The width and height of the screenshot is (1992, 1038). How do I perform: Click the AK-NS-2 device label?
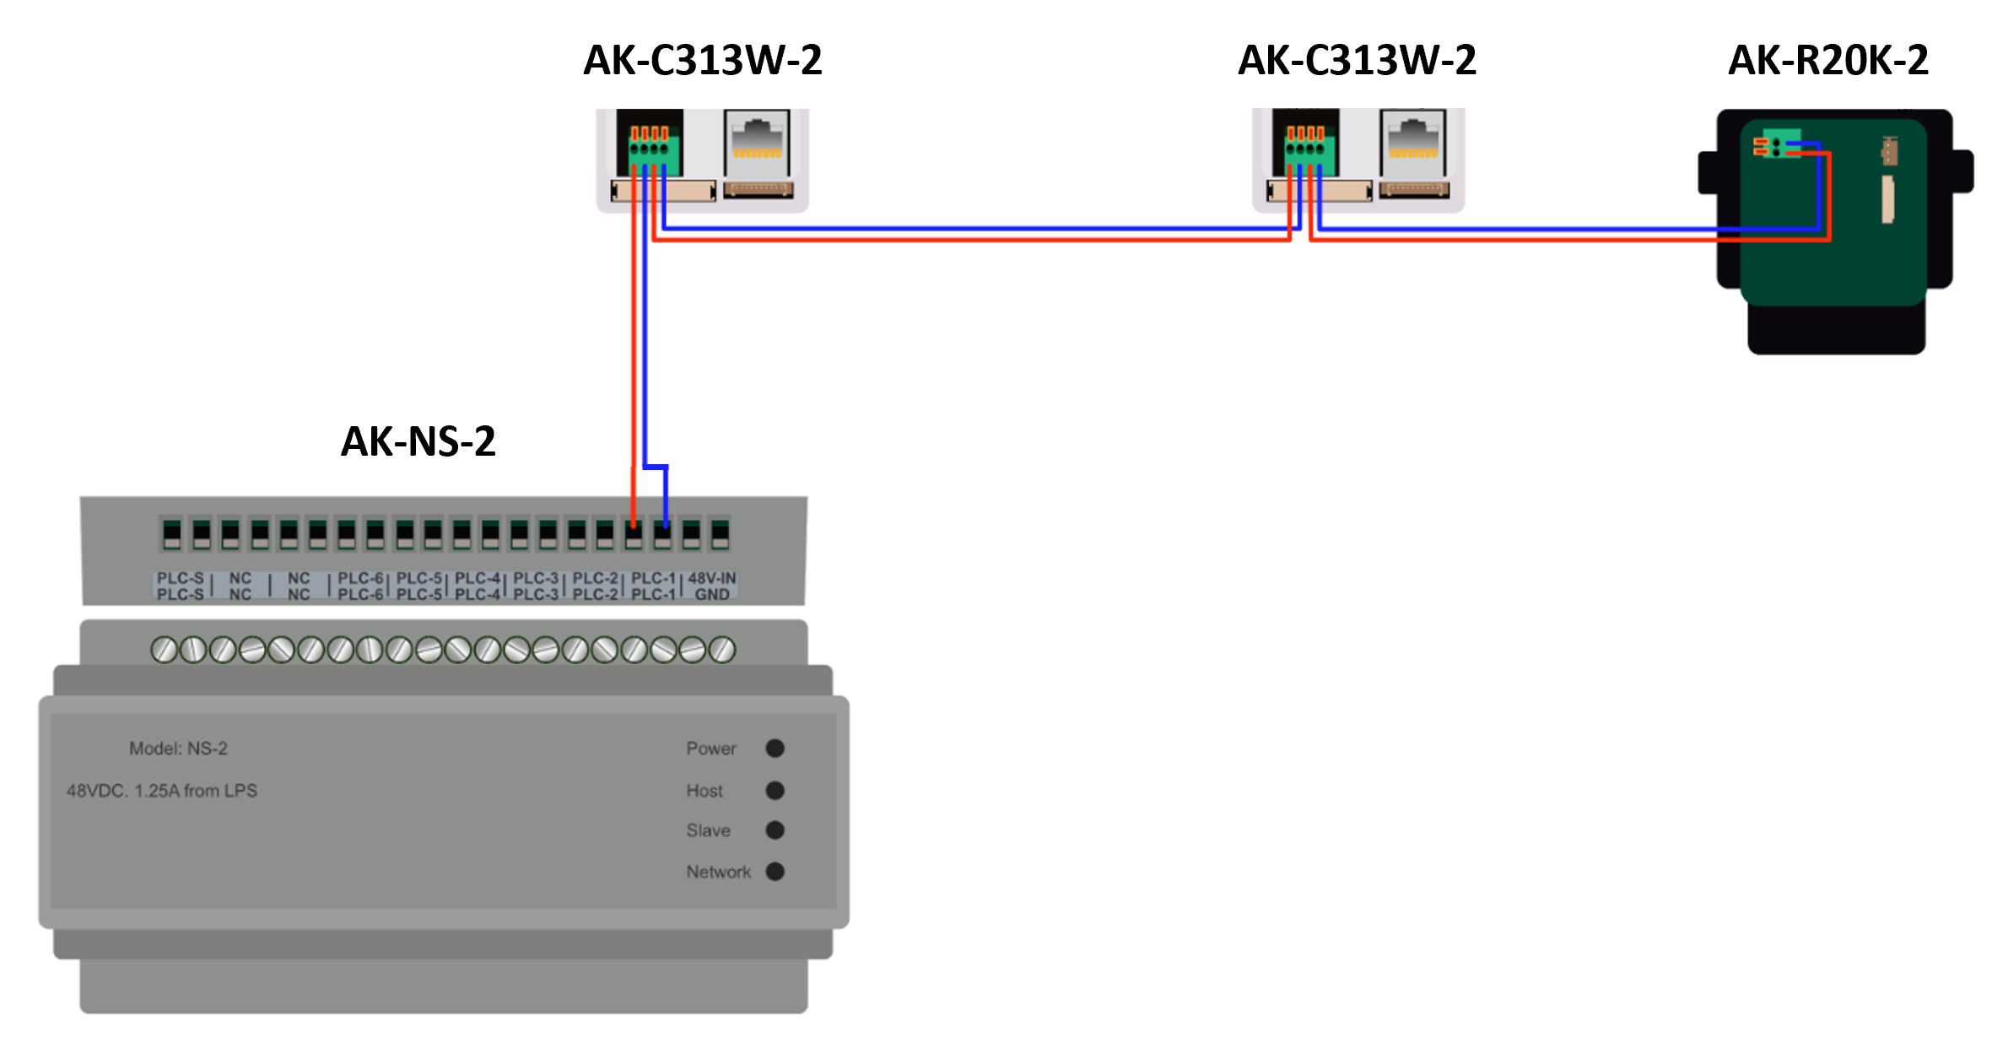click(x=418, y=441)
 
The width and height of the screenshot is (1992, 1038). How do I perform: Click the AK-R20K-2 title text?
click(x=1827, y=61)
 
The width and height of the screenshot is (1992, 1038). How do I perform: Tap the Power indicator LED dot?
click(x=775, y=749)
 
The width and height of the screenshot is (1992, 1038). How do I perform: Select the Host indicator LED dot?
click(x=775, y=791)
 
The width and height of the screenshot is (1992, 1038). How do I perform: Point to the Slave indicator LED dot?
click(x=775, y=830)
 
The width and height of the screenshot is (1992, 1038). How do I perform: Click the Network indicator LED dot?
click(x=775, y=872)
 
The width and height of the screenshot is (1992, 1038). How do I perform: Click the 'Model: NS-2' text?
click(x=178, y=749)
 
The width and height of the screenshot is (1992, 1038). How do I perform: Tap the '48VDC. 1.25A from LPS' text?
click(x=162, y=791)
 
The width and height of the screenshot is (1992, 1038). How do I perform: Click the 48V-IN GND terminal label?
click(x=711, y=586)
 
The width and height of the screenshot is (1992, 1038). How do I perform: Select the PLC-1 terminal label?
click(x=653, y=586)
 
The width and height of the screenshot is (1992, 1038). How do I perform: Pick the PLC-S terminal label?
click(x=180, y=586)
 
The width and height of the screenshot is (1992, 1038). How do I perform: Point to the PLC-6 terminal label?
click(x=360, y=586)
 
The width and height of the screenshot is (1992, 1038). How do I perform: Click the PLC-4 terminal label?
click(x=478, y=586)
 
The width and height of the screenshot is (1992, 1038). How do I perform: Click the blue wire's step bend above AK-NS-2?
click(x=656, y=466)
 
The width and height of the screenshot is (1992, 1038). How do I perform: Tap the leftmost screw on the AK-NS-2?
click(x=164, y=650)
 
